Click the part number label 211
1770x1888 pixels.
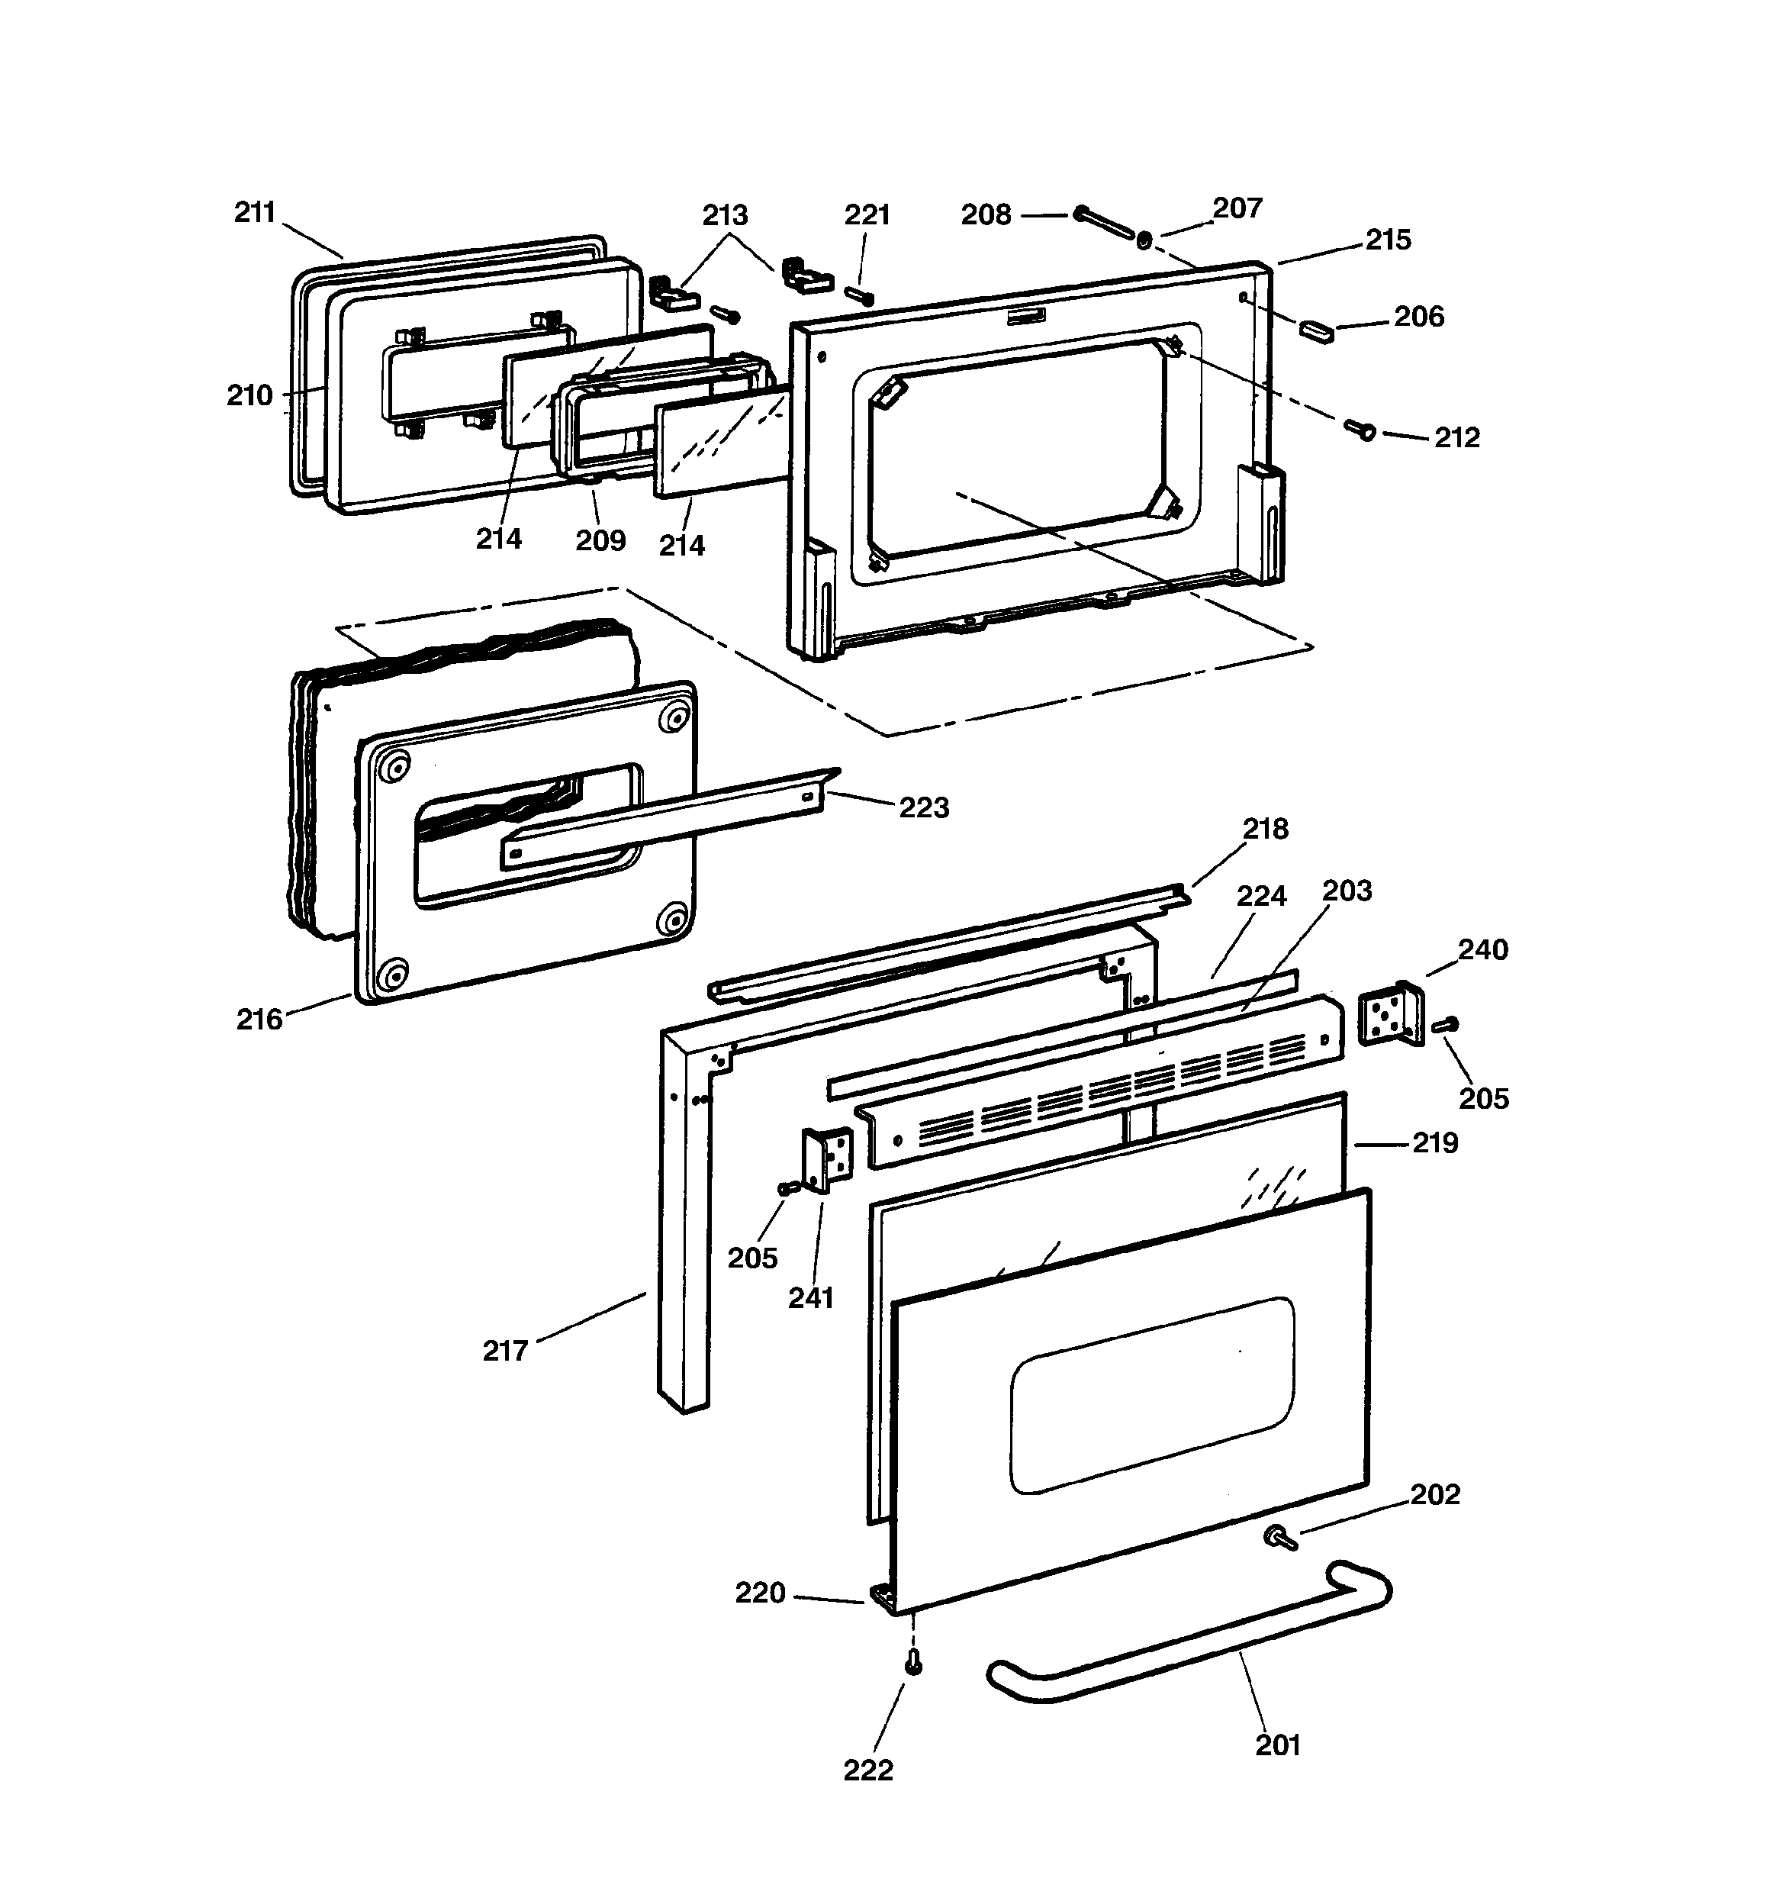tap(255, 213)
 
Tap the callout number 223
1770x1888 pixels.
tap(923, 807)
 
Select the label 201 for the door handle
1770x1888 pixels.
tap(1277, 1745)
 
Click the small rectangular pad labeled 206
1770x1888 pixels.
tap(1316, 330)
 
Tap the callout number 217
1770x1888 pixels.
tap(504, 1351)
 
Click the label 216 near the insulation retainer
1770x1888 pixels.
tap(259, 1019)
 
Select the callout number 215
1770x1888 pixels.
tap(1389, 240)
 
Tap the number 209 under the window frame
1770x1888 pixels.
tap(600, 540)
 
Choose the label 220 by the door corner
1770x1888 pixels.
tap(760, 1593)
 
